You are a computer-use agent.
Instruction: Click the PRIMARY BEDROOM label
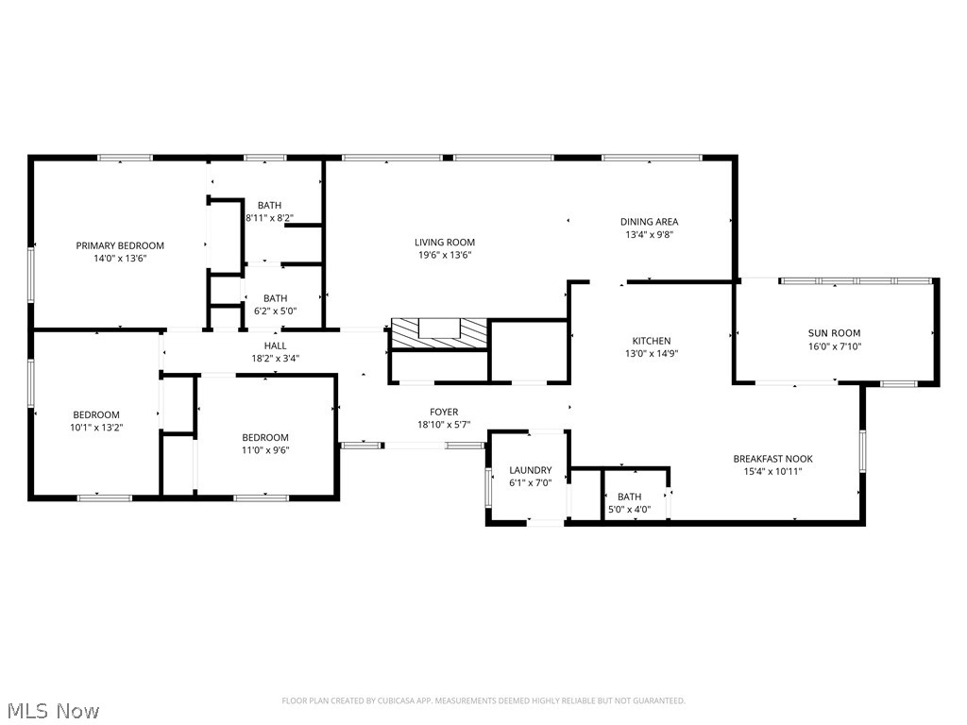120,245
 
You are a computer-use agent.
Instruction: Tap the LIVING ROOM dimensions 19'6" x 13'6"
444,255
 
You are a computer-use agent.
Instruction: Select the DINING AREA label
649,222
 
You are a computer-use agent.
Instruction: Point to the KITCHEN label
652,341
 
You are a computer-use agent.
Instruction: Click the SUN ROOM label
834,333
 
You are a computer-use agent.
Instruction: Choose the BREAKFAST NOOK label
772,459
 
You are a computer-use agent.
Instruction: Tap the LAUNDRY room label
530,470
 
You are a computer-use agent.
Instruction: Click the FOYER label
444,412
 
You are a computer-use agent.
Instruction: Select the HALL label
276,346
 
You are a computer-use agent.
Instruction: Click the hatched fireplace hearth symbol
440,332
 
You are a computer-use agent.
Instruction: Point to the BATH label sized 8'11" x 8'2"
269,205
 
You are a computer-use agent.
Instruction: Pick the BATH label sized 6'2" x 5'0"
275,298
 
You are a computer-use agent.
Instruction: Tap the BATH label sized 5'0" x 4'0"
629,497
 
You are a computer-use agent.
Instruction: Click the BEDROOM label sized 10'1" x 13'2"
96,414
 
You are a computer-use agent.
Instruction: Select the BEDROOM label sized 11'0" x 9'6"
265,437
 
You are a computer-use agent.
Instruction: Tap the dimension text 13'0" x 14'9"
652,354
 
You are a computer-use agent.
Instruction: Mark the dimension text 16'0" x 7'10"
834,346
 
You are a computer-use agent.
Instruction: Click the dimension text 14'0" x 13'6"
120,258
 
